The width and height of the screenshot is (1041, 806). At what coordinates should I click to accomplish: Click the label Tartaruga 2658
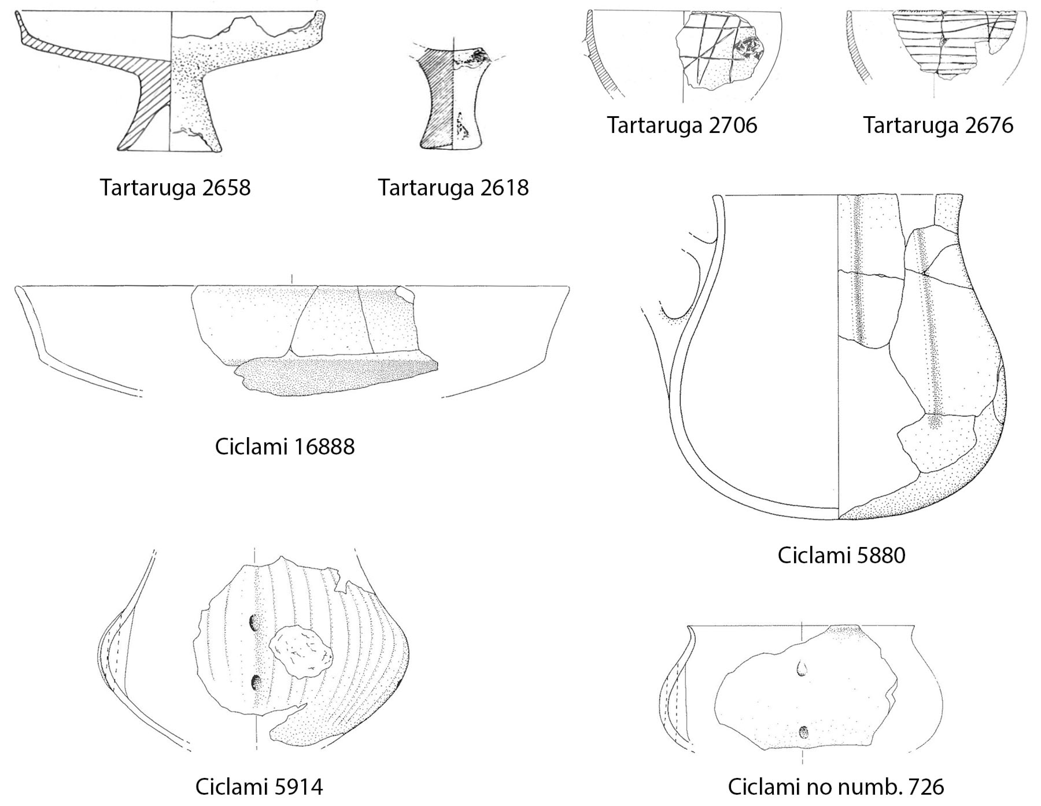(175, 188)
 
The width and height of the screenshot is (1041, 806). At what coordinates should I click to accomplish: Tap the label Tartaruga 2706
(682, 125)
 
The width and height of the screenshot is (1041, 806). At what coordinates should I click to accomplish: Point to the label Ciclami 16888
(285, 447)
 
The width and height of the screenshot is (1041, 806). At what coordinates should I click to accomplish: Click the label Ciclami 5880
(841, 555)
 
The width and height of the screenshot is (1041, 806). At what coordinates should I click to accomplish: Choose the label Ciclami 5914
(259, 786)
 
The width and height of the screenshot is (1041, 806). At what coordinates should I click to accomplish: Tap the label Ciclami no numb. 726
(836, 786)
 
